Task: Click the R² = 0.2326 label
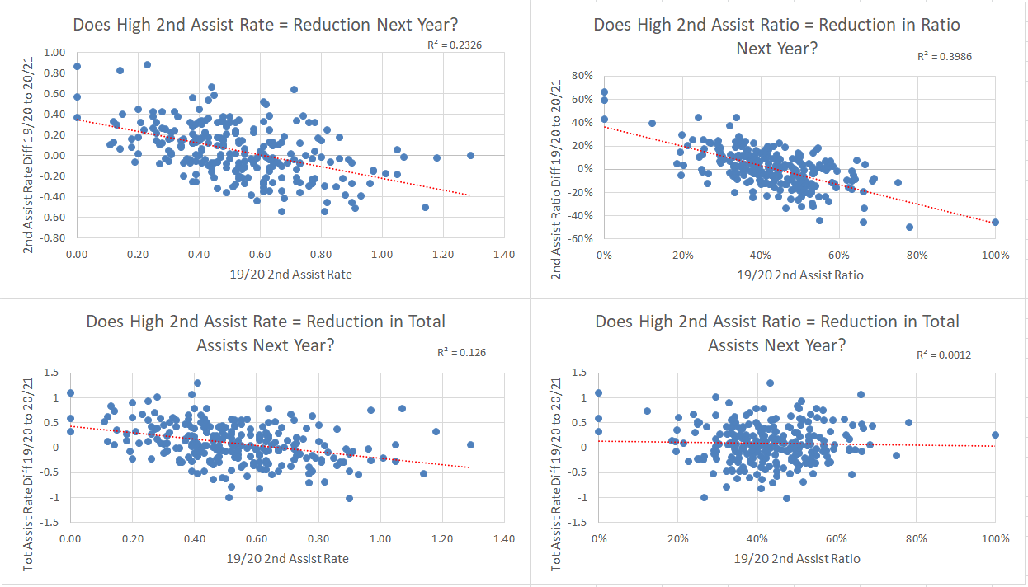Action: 450,45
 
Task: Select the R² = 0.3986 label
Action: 945,57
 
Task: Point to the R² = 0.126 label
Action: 461,353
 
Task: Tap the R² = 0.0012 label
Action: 944,355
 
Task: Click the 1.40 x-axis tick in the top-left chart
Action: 503,255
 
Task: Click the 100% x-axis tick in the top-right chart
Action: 996,256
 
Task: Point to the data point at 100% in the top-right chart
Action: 996,222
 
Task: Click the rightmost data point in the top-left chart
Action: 470,155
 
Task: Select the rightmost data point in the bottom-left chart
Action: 470,444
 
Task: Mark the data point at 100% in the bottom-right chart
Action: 995,434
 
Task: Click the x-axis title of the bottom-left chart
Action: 287,558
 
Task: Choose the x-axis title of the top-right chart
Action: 800,275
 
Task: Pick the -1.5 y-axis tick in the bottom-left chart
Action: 50,523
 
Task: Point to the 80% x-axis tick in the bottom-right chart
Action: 916,539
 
